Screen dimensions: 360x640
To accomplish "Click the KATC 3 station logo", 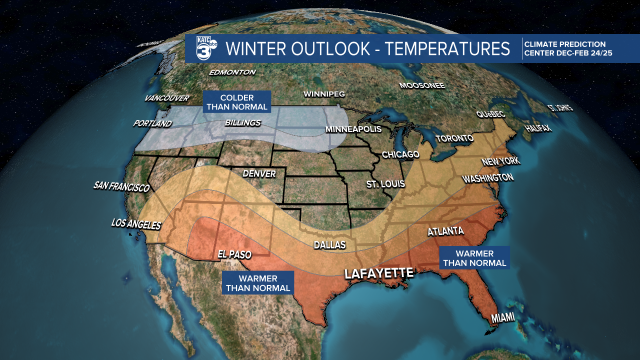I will click(x=205, y=48).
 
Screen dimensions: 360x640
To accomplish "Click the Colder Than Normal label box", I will click(x=237, y=102).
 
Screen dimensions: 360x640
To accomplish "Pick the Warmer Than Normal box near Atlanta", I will click(x=474, y=258).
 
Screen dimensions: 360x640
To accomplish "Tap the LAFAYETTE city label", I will click(x=378, y=273).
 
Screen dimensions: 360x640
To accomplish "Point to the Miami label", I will click(x=502, y=318).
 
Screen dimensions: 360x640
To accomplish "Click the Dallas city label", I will click(x=329, y=245).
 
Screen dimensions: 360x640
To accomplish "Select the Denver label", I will click(x=259, y=174).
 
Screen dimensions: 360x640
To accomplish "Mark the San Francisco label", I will click(x=121, y=187).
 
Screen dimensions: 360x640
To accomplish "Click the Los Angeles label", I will click(x=136, y=224).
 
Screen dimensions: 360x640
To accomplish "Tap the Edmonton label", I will click(x=232, y=72).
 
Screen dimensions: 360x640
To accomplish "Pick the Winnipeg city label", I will click(x=324, y=94).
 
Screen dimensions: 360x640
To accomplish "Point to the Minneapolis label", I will click(x=353, y=129).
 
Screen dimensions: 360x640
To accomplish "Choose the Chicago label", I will click(x=400, y=154).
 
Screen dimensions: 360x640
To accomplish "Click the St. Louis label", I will click(x=385, y=184).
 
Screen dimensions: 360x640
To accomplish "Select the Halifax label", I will click(x=537, y=128).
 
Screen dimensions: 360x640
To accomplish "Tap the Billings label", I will click(x=242, y=122).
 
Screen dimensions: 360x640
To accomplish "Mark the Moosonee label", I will click(x=422, y=85).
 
